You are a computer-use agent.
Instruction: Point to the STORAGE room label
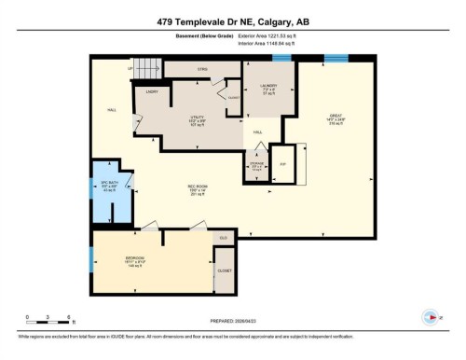click(x=257, y=166)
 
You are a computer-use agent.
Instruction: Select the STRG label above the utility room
click(x=201, y=69)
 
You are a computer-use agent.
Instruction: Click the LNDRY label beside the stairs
click(x=151, y=90)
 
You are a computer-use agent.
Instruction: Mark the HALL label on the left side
click(x=111, y=110)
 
